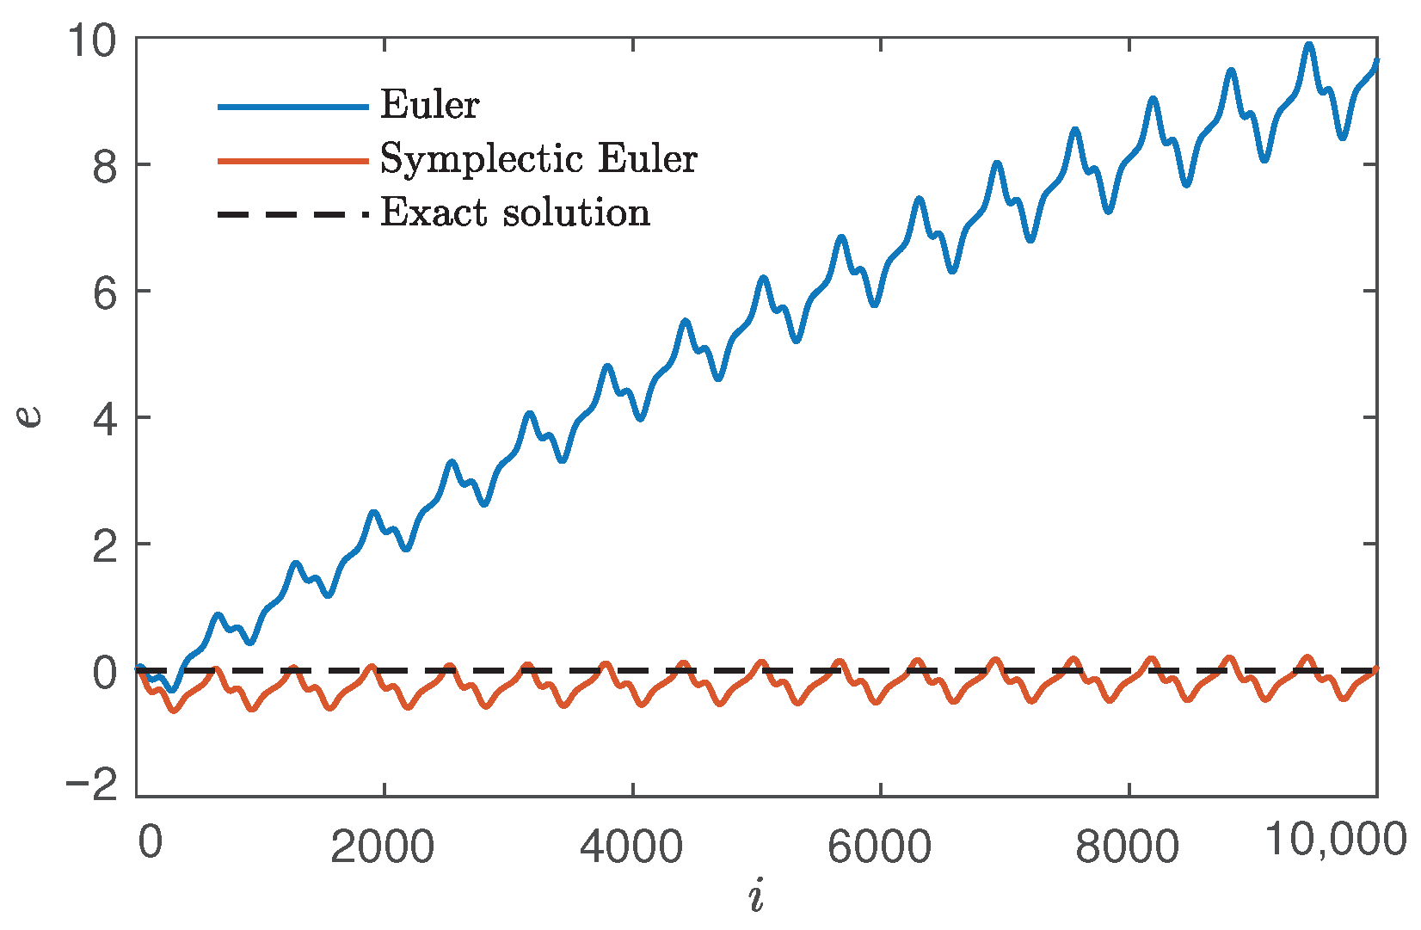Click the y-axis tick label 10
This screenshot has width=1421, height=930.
click(x=93, y=41)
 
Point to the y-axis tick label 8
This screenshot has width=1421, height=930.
click(x=104, y=166)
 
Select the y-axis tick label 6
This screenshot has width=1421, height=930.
click(x=104, y=293)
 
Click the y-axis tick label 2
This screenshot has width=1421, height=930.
click(x=104, y=545)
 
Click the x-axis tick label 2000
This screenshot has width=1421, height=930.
click(x=383, y=847)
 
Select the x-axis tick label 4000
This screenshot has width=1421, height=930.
click(x=631, y=847)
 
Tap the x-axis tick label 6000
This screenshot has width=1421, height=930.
click(x=879, y=847)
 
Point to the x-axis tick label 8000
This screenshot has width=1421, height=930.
click(x=1127, y=847)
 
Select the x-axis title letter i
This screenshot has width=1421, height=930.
click(x=756, y=896)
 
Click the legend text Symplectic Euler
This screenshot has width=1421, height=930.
click(x=538, y=159)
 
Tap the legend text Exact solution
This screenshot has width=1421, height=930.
click(x=515, y=212)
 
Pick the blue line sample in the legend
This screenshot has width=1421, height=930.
click(x=292, y=106)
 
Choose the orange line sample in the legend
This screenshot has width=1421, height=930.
click(x=292, y=160)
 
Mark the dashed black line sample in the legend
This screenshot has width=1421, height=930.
click(x=292, y=213)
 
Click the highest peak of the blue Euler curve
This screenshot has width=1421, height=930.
click(x=1308, y=45)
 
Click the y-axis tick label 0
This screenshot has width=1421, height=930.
click(x=104, y=672)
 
